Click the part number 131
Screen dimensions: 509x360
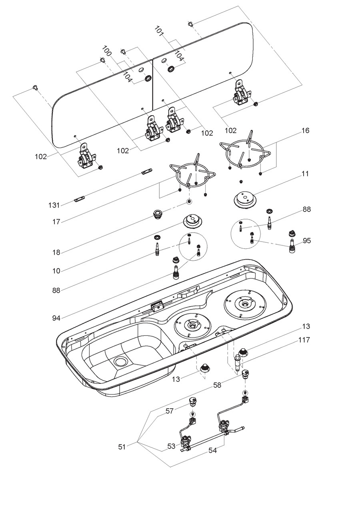[54, 205]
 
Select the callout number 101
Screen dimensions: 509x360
[159, 31]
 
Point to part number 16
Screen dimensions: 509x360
[306, 131]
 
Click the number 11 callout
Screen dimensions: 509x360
[306, 174]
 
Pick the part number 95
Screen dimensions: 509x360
[307, 241]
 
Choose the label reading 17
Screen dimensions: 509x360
[56, 222]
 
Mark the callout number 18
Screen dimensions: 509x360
[56, 252]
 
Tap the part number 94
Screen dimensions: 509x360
[56, 318]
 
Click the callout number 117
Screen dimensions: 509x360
[304, 340]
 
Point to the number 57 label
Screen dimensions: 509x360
[170, 411]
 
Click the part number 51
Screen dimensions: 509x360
[122, 447]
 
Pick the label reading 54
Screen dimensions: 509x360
[212, 450]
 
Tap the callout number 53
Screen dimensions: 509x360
[172, 446]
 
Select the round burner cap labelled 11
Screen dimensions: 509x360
[243, 199]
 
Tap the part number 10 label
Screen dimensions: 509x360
[56, 271]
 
